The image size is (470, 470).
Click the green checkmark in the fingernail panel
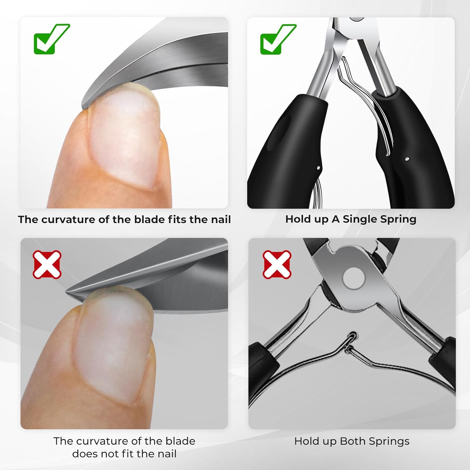pyautogui.click(x=51, y=39)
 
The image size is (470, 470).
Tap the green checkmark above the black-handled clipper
pyautogui.click(x=278, y=39)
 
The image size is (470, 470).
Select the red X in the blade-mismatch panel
pyautogui.click(x=47, y=264)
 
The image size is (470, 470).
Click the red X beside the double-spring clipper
pyautogui.click(x=277, y=264)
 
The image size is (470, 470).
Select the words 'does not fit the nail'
pyautogui.click(x=124, y=454)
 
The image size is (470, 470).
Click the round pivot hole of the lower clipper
pyautogui.click(x=354, y=277)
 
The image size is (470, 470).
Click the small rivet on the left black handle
pyautogui.click(x=318, y=168)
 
